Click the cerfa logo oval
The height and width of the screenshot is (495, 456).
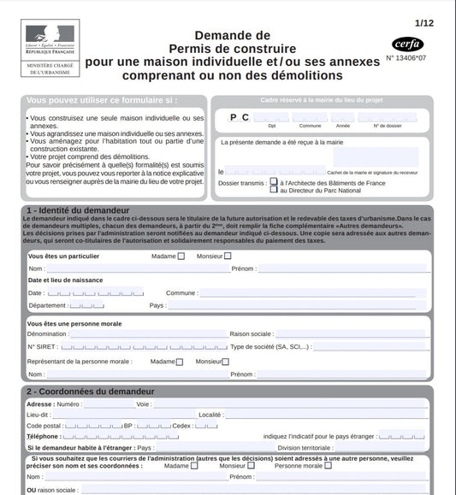408,44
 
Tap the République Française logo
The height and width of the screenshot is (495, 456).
49,38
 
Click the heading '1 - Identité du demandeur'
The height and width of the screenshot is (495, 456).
78,209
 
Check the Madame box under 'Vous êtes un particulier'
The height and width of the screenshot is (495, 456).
181,256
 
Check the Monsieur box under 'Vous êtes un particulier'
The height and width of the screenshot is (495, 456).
228,256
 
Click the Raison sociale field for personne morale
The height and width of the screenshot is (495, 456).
351,334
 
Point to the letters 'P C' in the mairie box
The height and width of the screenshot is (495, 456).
240,117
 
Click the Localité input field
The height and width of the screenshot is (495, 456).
325,415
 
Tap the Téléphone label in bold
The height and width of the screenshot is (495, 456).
43,436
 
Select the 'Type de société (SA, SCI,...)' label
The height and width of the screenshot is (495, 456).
271,347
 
